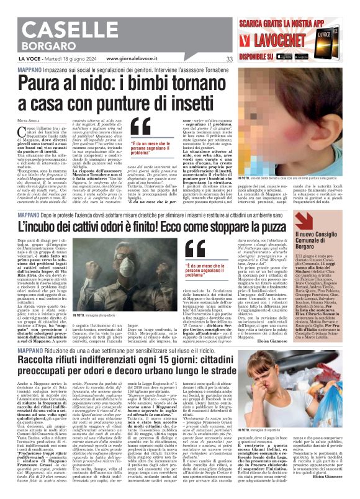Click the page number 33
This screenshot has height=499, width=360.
[x=230, y=60]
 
